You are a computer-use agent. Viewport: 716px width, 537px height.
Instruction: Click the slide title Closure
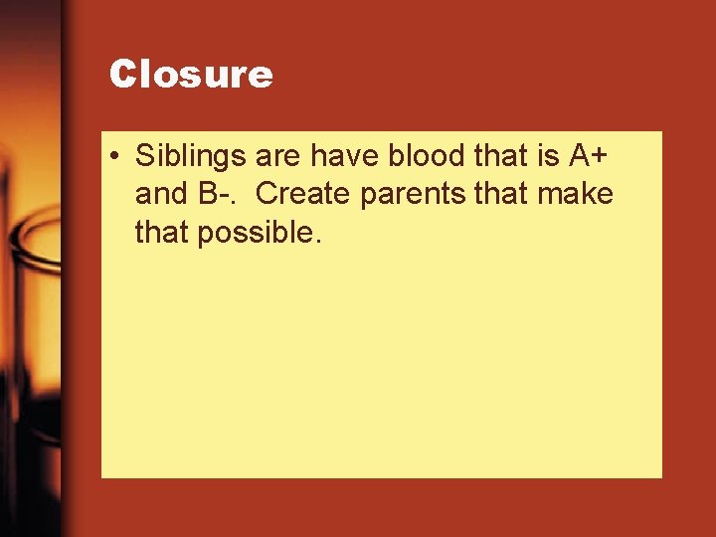click(x=191, y=75)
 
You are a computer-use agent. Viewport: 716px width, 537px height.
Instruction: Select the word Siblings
click(x=191, y=157)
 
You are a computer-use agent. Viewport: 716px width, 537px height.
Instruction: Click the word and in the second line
click(x=161, y=194)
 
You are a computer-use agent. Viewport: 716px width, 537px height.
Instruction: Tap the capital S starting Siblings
click(x=145, y=157)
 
